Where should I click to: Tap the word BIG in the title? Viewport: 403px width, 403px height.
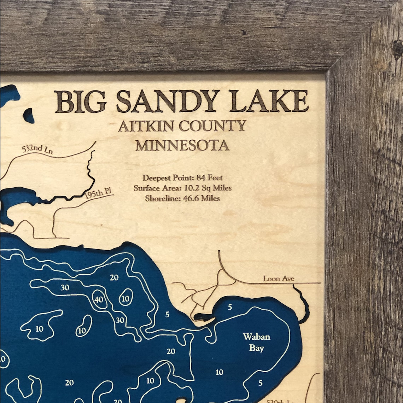(80, 101)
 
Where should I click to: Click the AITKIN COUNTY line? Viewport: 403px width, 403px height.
(182, 126)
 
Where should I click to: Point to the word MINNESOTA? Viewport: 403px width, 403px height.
(182, 145)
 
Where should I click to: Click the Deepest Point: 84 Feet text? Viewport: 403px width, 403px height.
(182, 178)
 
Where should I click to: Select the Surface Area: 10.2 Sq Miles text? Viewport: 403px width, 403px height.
(182, 188)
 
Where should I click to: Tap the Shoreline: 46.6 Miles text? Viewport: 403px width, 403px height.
(182, 198)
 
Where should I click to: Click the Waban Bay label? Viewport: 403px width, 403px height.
(256, 342)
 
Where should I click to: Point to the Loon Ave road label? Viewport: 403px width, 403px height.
(279, 279)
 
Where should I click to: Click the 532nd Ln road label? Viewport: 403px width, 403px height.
(37, 149)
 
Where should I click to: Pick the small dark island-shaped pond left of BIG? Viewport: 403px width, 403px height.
(29, 115)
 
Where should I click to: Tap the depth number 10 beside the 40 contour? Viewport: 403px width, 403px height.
(125, 298)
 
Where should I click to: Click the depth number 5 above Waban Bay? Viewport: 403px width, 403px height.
(230, 307)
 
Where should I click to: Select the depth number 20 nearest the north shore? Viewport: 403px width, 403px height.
(114, 278)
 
